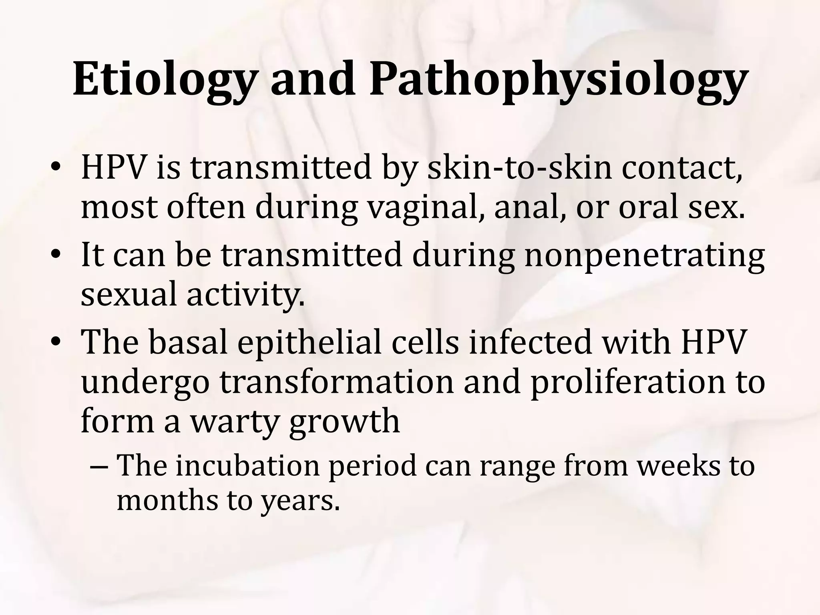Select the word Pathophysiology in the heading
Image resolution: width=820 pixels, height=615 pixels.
(x=557, y=80)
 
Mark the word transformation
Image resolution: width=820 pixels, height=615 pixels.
(x=336, y=382)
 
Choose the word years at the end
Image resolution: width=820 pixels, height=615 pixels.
(x=300, y=501)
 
